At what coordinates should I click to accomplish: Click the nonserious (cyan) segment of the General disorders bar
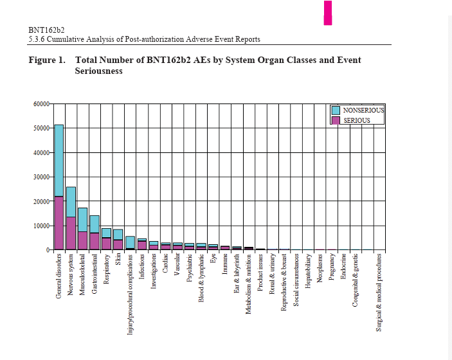coord(59,160)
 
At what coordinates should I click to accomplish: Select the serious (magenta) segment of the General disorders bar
coord(59,222)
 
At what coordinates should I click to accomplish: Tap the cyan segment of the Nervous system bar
coord(71,202)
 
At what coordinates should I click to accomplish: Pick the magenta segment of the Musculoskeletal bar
coord(82,240)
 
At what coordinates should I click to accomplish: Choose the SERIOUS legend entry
coord(357,120)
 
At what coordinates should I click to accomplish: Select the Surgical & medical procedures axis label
coord(379,292)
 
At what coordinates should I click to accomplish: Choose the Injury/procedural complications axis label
coord(130,293)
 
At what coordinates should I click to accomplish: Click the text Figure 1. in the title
coord(47,60)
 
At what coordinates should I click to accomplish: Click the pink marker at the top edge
coord(328,13)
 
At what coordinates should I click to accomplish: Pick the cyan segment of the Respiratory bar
coord(106,233)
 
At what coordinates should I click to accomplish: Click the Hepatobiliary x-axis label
coord(309,273)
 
